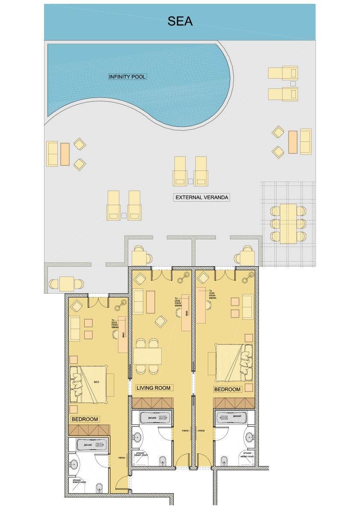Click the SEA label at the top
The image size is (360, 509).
point(180,21)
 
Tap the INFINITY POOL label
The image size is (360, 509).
point(127,77)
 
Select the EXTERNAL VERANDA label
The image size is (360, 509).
point(202,197)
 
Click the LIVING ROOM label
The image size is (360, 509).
point(153,388)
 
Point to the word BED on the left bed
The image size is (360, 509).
point(97,382)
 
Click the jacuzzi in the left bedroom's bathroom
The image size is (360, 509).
point(91,445)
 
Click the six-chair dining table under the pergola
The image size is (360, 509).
point(288,224)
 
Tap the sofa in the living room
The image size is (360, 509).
point(138,301)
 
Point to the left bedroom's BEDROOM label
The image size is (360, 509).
point(85,419)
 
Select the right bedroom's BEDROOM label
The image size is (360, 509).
point(227,389)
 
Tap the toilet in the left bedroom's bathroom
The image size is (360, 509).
point(100,488)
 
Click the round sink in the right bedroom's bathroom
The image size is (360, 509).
point(250,437)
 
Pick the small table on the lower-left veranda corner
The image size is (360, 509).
point(67,284)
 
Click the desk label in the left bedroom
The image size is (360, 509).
point(123,336)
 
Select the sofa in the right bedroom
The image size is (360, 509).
point(248,306)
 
